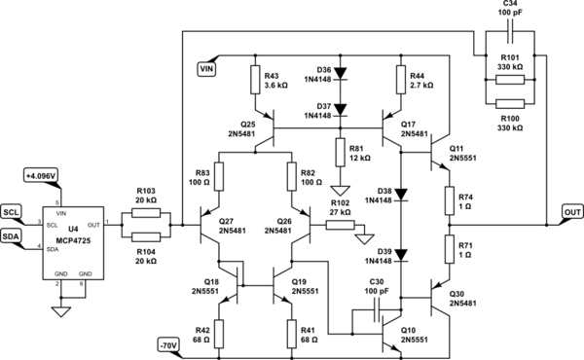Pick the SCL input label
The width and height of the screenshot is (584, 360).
click(11, 211)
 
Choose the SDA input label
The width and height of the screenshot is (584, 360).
click(11, 236)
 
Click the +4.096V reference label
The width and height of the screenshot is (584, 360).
click(41, 175)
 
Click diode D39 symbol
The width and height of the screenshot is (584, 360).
click(400, 256)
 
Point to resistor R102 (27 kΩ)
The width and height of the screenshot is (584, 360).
click(340, 225)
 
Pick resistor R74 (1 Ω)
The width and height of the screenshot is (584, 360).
click(448, 198)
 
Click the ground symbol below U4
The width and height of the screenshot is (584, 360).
click(61, 312)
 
